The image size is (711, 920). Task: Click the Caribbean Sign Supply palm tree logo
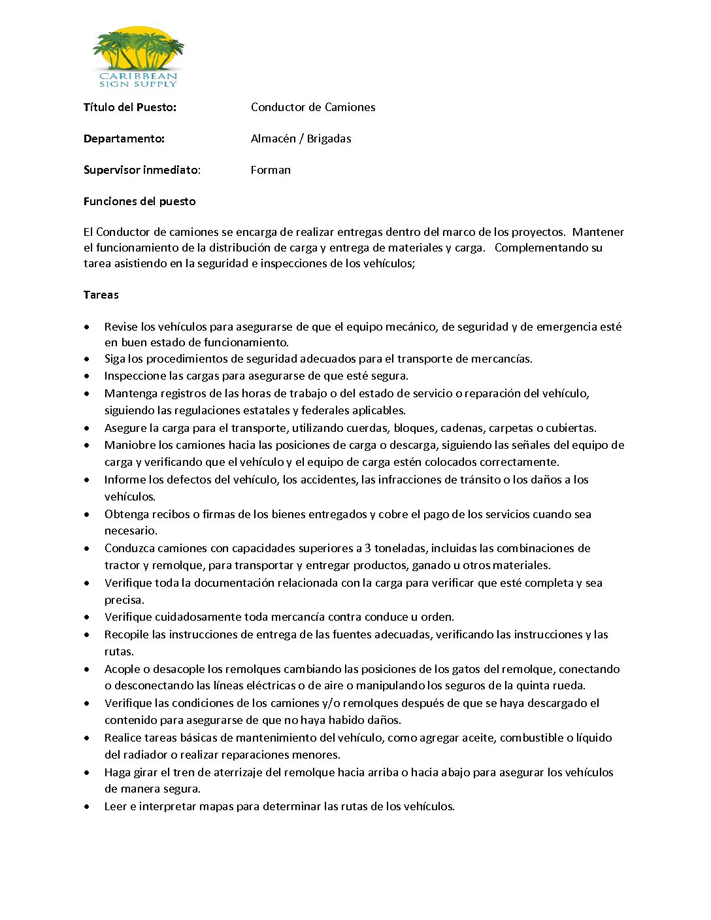pos(138,56)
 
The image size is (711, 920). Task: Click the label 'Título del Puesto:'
pos(130,107)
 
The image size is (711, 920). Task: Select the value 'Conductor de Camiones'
pos(313,107)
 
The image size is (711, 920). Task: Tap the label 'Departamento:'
pos(124,139)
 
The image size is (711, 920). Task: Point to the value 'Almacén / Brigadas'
pos(301,139)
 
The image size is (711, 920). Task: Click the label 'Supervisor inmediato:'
pos(142,170)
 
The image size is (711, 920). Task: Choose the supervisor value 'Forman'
pos(271,170)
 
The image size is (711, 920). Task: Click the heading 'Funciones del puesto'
pos(139,201)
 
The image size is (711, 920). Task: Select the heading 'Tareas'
pos(101,295)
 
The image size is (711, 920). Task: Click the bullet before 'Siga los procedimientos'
pos(87,359)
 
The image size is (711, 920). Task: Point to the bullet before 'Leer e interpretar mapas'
pos(87,806)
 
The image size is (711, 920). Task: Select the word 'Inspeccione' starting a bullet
pos(135,376)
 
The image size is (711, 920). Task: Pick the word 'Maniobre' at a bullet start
pos(129,445)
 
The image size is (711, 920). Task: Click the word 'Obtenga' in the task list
pos(127,514)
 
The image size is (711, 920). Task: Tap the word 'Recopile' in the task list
pos(127,634)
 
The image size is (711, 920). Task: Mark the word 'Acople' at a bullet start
pos(122,669)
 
